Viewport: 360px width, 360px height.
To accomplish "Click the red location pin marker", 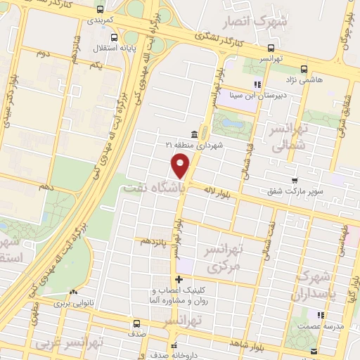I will tap(181, 165).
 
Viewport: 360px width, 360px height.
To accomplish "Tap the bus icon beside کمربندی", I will tap(101, 11).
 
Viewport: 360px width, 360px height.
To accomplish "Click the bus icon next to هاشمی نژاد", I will tap(304, 69).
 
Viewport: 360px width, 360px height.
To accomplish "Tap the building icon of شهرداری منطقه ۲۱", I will tap(193, 134).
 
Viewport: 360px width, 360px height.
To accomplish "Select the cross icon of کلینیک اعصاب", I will tap(179, 280).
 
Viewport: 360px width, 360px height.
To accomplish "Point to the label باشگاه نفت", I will tap(152, 188).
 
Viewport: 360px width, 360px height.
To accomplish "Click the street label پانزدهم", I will tap(155, 240).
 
